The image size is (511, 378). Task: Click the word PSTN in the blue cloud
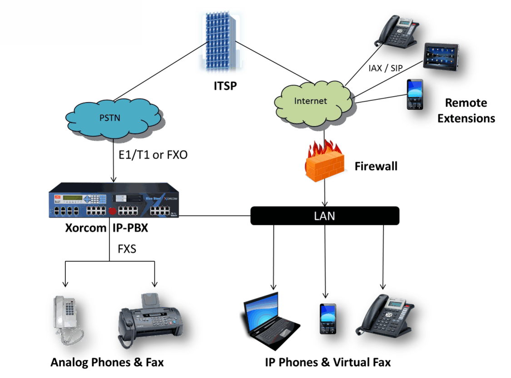click(x=110, y=118)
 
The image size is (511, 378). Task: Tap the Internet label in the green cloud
click(x=311, y=101)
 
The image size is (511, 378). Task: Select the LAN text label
click(x=324, y=216)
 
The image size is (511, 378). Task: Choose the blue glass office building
click(x=221, y=41)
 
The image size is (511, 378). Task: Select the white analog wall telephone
click(x=63, y=313)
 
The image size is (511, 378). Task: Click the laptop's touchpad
click(x=284, y=333)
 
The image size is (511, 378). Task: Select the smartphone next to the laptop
click(x=328, y=318)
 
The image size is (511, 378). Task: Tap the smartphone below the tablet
click(x=415, y=94)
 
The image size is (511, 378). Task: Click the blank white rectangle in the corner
click(x=70, y=22)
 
